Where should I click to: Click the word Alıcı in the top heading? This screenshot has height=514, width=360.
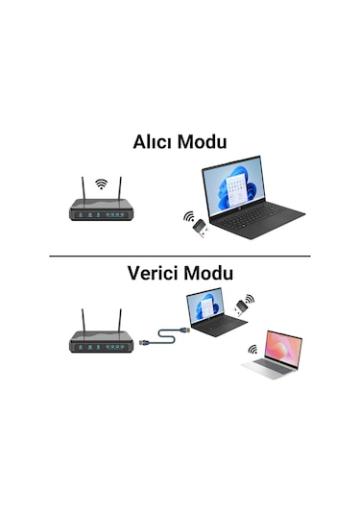[x=156, y=141]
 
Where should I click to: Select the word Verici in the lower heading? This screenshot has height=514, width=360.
[x=154, y=273]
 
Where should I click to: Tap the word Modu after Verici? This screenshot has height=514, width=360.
[x=208, y=273]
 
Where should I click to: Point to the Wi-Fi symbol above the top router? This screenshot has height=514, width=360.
[x=101, y=183]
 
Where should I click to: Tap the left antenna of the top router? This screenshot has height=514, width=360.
[x=80, y=189]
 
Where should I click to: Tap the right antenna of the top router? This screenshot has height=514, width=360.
[x=121, y=189]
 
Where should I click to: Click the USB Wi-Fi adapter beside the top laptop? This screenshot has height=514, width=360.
[x=197, y=229]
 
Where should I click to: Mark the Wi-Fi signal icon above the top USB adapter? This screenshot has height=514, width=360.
[x=187, y=216]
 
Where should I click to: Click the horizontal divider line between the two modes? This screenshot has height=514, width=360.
[x=180, y=257]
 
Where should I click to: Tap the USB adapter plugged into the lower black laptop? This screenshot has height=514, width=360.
[x=242, y=308]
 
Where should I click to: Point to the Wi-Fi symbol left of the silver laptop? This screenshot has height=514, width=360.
[x=253, y=351]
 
